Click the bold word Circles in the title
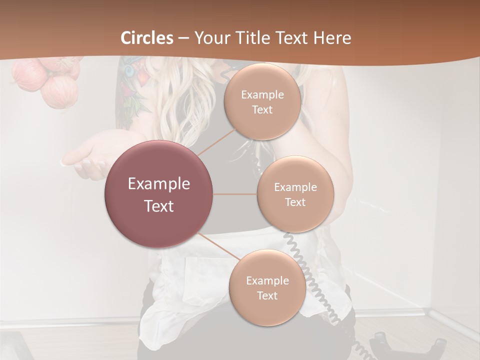point(147,38)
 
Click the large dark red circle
point(159,194)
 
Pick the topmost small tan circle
point(262,101)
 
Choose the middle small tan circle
point(295,194)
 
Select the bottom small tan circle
point(267,287)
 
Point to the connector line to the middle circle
point(235,194)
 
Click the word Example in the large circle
point(159,184)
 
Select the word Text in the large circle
point(159,206)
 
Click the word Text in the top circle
point(262,109)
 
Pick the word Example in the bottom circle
point(267,280)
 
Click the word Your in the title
point(210,38)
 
